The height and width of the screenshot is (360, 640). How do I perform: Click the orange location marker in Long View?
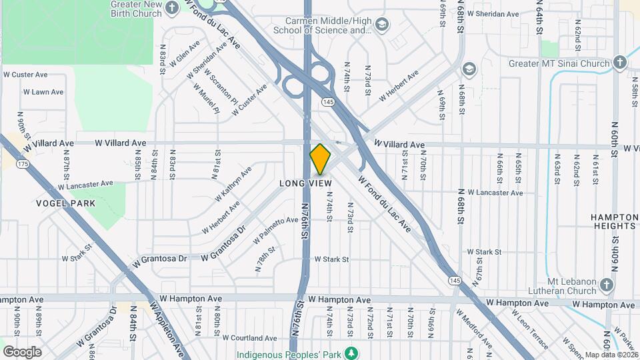pyautogui.click(x=320, y=159)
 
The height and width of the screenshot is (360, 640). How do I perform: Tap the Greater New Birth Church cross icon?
pyautogui.click(x=172, y=8)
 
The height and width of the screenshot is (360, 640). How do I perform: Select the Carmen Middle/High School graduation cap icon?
pyautogui.click(x=381, y=25)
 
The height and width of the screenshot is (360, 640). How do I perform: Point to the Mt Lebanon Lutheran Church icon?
pyautogui.click(x=606, y=285)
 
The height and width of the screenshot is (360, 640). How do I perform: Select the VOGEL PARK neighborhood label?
pyautogui.click(x=66, y=203)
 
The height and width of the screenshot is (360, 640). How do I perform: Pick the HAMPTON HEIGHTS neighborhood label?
pyautogui.click(x=613, y=221)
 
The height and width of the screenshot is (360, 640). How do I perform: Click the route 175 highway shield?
pyautogui.click(x=24, y=163)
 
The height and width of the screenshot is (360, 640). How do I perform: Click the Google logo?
pyautogui.click(x=22, y=351)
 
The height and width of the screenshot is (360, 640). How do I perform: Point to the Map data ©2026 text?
pyautogui.click(x=610, y=355)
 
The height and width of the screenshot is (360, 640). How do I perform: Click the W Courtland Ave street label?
pyautogui.click(x=249, y=338)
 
